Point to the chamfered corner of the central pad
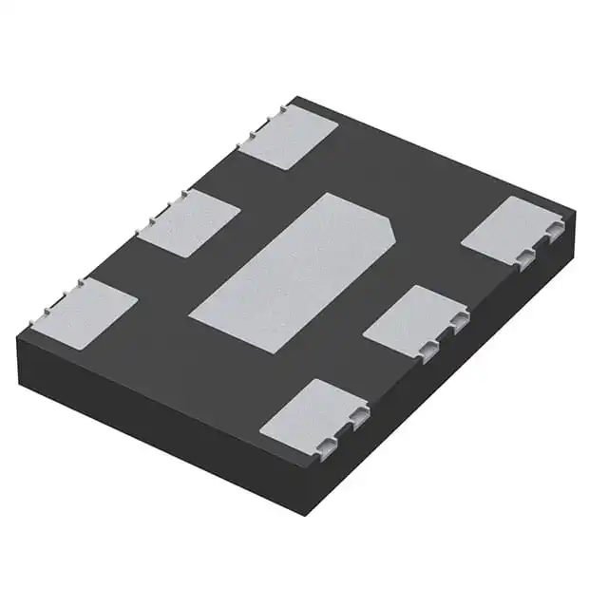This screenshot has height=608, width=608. (x=388, y=225)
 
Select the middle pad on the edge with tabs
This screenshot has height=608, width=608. (x=188, y=222)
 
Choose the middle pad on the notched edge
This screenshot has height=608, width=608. (x=414, y=318)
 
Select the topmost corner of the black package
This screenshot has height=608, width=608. (x=296, y=96)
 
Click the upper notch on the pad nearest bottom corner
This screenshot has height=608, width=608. (x=359, y=415)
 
